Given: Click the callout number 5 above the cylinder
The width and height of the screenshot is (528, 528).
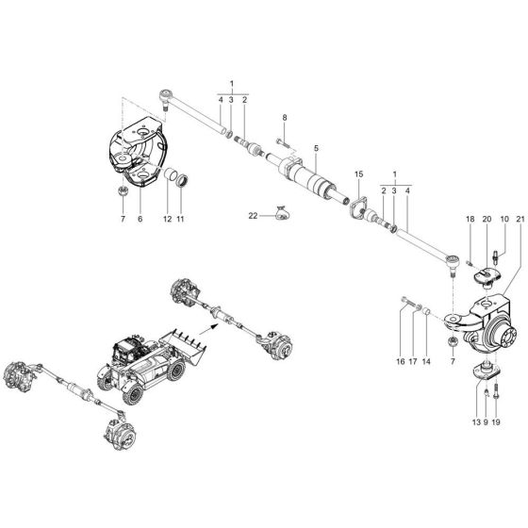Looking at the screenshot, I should click(317, 148).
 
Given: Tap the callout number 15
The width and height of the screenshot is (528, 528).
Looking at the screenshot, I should click(358, 175).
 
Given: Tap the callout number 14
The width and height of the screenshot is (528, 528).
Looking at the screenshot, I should click(426, 361).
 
